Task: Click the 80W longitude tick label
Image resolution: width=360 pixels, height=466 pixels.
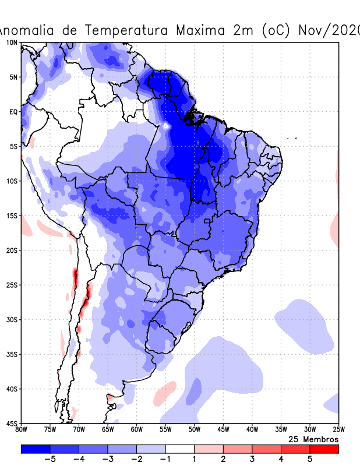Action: [x=22, y=430]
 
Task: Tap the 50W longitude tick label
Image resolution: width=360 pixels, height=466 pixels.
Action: [x=194, y=430]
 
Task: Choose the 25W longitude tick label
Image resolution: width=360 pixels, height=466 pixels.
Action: [x=338, y=430]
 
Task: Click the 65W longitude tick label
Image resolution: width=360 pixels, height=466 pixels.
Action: [x=108, y=430]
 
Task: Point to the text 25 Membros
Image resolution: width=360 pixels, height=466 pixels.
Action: [x=313, y=439]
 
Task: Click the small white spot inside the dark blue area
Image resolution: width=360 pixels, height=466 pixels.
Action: [x=166, y=125]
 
